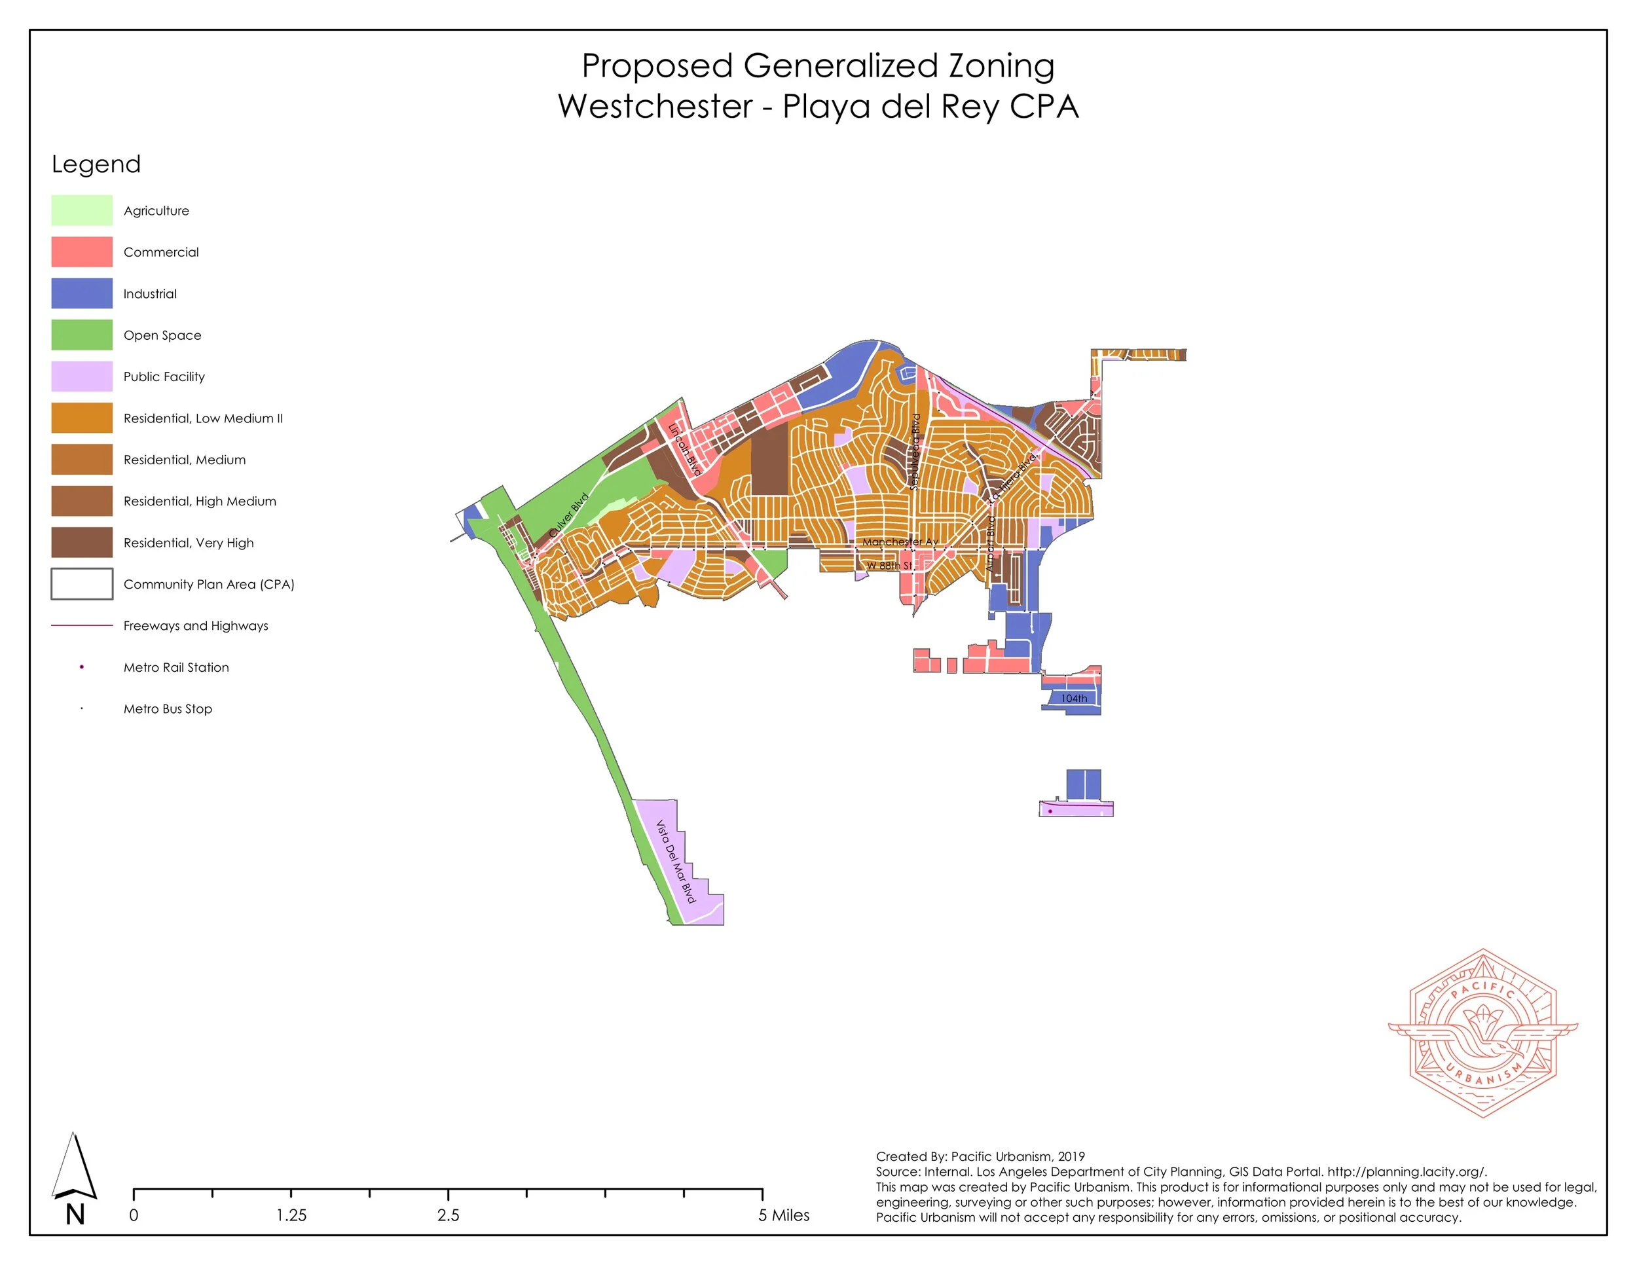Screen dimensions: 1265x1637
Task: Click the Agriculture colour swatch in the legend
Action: (x=82, y=211)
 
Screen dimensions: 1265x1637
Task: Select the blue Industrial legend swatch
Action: (x=82, y=294)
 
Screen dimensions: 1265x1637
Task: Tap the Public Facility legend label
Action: (x=164, y=377)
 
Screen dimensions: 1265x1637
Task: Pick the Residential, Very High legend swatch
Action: (x=82, y=543)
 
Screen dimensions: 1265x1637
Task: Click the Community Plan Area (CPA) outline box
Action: (x=82, y=584)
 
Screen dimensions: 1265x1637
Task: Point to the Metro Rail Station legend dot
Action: (x=82, y=667)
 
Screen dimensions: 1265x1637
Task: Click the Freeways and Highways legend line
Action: (x=82, y=626)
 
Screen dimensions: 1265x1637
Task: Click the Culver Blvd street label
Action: (x=569, y=515)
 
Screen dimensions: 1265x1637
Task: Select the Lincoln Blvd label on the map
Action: (x=684, y=450)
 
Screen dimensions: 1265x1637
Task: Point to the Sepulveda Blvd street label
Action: (x=915, y=452)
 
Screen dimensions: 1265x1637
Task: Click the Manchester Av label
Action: (x=900, y=542)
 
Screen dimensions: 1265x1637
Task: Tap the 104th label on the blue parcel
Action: (x=1073, y=699)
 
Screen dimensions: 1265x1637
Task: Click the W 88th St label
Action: (x=889, y=566)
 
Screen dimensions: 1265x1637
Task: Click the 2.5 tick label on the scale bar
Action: (x=449, y=1215)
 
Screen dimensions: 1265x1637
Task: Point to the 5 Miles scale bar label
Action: (x=783, y=1215)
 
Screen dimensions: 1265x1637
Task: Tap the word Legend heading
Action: (x=96, y=164)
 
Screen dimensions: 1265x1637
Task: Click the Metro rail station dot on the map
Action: (x=1050, y=811)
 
